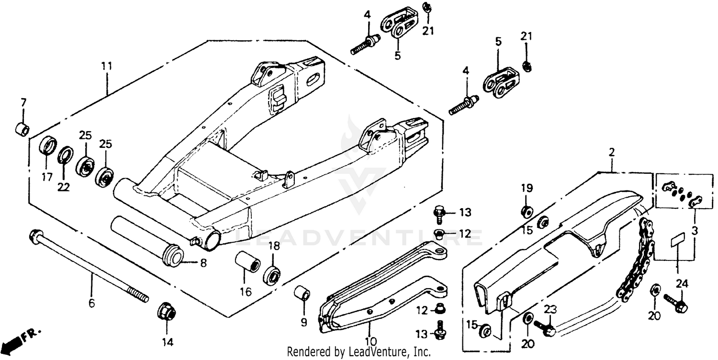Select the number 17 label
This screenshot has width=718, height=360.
click(x=46, y=177)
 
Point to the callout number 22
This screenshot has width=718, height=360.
click(x=64, y=187)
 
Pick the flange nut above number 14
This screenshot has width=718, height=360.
click(x=167, y=312)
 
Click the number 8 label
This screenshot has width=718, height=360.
click(x=203, y=263)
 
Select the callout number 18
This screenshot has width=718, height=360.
click(x=273, y=247)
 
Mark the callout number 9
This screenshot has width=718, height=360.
click(x=303, y=322)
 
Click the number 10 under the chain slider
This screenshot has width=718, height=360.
click(x=370, y=341)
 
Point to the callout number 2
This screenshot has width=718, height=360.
click(x=612, y=153)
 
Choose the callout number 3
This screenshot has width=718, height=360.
click(x=694, y=230)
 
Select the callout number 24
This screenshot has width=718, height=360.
click(x=682, y=284)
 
